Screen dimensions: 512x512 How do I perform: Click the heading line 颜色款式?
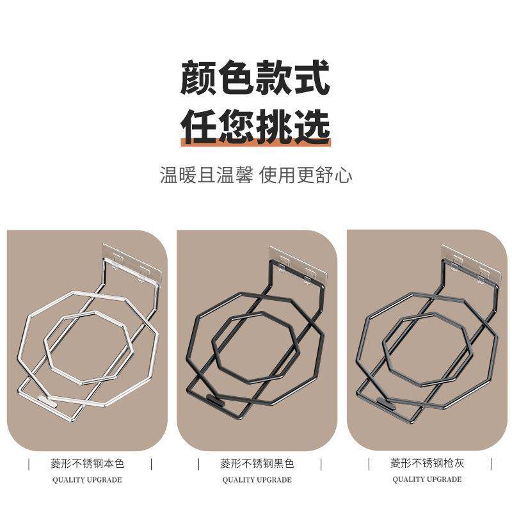(255, 77)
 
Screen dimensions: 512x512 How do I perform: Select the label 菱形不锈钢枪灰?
(427, 462)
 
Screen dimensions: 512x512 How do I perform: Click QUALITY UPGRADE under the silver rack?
(87, 479)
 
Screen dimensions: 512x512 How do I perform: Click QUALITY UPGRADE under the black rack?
(257, 479)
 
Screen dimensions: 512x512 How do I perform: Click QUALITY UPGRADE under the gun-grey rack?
(427, 479)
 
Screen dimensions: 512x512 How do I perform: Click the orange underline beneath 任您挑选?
(255, 143)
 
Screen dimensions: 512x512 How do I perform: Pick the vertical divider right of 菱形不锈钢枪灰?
(491, 462)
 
